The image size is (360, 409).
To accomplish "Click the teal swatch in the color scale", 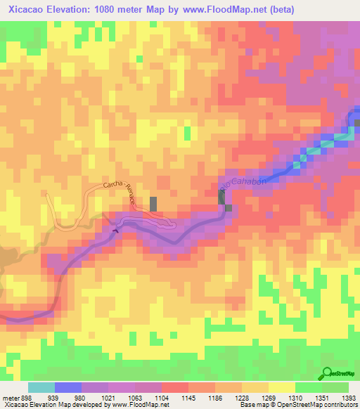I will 41,387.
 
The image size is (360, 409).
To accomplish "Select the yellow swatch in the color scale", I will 281,387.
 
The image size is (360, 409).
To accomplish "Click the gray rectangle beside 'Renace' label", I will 153,204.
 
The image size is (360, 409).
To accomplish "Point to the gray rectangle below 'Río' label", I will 222,199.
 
